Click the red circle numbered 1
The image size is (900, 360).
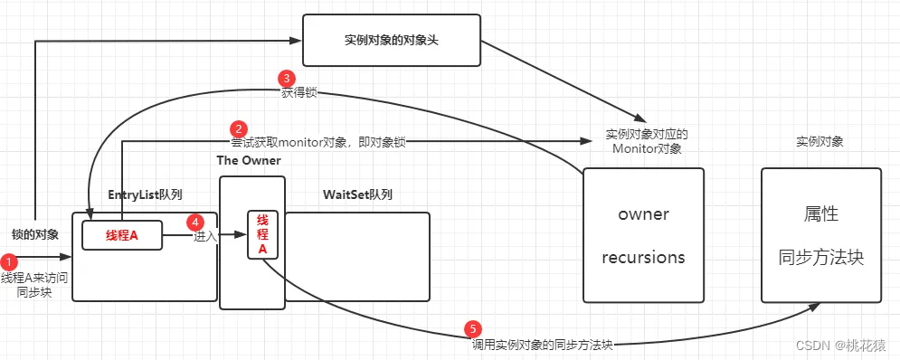pos(9,262)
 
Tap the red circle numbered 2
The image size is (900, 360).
pos(238,128)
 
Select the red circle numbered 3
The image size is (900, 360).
pos(286,79)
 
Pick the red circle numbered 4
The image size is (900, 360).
pos(196,222)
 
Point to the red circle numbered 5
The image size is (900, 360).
pos(473,329)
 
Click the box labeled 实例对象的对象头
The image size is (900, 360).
pos(392,41)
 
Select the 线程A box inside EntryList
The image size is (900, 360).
pos(122,235)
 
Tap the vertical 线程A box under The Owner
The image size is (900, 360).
pos(262,234)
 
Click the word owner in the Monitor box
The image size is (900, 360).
pos(643,214)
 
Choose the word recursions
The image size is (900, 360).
pos(643,257)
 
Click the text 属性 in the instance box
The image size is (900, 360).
pos(820,214)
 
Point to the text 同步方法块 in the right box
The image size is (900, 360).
pos(820,257)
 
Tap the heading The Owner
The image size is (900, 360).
pos(249,161)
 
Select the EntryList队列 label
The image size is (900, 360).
pos(145,194)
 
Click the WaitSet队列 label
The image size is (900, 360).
pos(357,194)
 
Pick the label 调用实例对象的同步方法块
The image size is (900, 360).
pos(543,345)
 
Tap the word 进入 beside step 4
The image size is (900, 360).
pos(204,236)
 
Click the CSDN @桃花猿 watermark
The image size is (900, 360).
pos(841,345)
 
